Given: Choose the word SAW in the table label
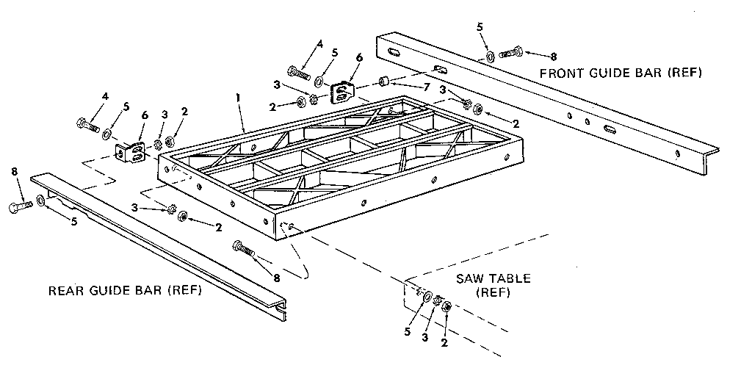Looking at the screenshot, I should click(471, 279).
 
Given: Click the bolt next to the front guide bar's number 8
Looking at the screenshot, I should click(510, 53).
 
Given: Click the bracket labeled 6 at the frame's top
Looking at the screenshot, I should click(341, 93).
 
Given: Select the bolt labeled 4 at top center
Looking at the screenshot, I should click(299, 73).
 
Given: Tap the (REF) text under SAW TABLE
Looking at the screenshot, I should click(492, 292).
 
